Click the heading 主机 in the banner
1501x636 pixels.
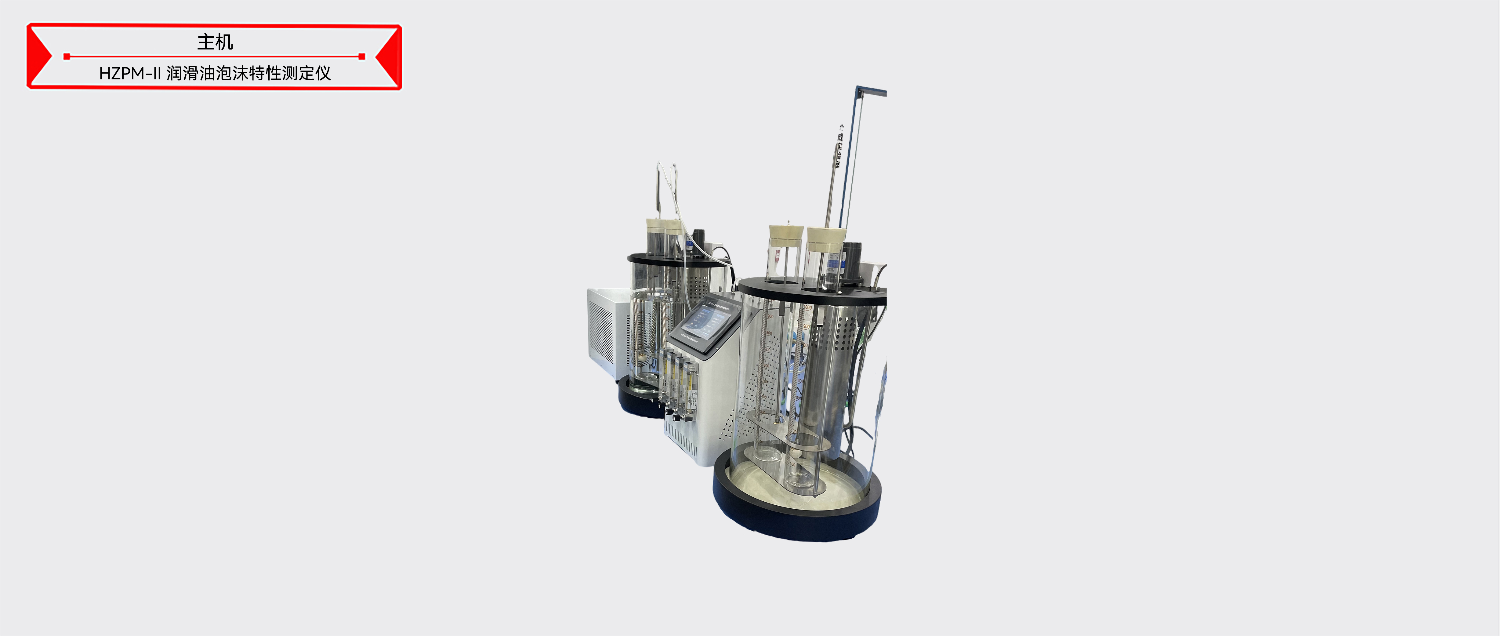click(x=215, y=42)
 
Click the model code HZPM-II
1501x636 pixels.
click(x=129, y=74)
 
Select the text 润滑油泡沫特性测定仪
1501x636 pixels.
click(x=249, y=74)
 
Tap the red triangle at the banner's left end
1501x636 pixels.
click(x=38, y=56)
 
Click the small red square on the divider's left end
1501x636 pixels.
click(x=67, y=56)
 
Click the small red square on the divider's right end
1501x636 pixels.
click(x=362, y=56)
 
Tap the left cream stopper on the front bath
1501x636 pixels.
click(x=785, y=233)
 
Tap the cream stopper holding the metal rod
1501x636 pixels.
click(x=826, y=236)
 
